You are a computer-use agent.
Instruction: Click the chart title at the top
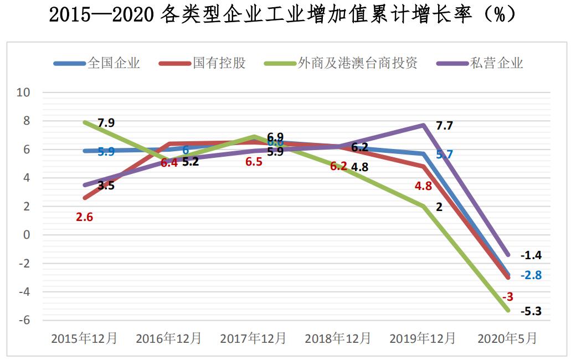283,15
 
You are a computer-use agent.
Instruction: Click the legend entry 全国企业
114,63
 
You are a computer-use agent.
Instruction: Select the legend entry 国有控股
219,63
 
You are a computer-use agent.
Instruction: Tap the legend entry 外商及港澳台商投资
357,63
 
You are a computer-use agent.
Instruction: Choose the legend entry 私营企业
496,63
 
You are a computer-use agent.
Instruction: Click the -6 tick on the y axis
24,320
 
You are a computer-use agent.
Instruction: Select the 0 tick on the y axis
26,235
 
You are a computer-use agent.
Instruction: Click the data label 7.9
106,123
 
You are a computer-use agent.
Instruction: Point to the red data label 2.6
84,217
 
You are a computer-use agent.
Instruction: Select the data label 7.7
444,126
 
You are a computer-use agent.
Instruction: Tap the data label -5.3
531,311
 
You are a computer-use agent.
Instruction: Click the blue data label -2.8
531,275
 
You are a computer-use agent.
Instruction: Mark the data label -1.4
531,255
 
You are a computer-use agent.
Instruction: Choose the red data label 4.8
423,186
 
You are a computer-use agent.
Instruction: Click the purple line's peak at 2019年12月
423,125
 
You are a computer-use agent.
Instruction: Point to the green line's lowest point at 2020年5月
507,311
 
